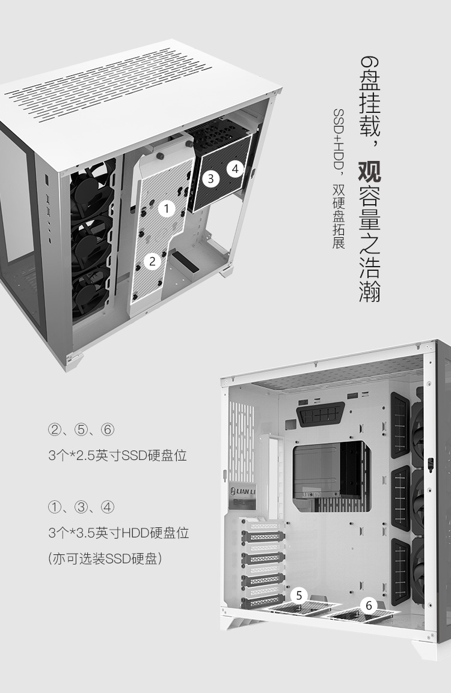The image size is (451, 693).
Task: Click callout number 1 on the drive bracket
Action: (x=167, y=208)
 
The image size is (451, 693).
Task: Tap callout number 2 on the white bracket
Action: (x=152, y=261)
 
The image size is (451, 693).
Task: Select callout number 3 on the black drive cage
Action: (x=210, y=178)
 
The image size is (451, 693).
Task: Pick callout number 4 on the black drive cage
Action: (x=235, y=168)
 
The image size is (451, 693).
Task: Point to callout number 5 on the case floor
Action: (x=299, y=595)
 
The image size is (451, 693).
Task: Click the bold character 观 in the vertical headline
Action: (x=369, y=172)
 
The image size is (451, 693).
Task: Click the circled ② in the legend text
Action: (x=55, y=429)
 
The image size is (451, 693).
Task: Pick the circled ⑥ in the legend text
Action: (x=108, y=429)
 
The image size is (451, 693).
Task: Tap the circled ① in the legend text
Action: (x=55, y=507)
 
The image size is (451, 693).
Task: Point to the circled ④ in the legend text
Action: (x=108, y=507)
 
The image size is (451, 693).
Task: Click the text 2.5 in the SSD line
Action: (x=87, y=455)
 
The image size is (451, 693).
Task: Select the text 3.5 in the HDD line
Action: (x=87, y=533)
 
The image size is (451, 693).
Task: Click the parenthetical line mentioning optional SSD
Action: (x=105, y=558)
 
